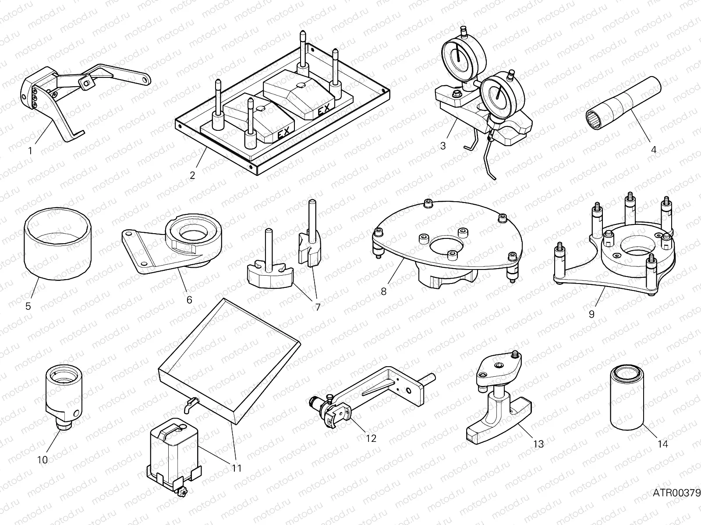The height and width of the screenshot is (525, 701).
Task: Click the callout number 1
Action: [x=30, y=151]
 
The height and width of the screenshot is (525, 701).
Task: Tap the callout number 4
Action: [x=653, y=149]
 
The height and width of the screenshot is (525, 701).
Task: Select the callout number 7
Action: [x=318, y=307]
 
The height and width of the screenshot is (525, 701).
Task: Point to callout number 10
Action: [x=42, y=460]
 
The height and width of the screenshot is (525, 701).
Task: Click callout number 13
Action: [x=538, y=444]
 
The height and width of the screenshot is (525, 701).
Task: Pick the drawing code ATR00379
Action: [x=676, y=493]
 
